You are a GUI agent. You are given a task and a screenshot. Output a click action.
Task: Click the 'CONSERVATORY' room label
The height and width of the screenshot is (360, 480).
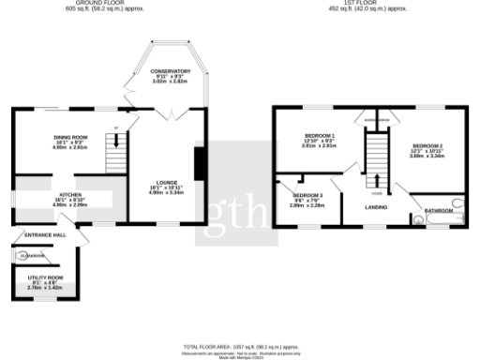click(172, 71)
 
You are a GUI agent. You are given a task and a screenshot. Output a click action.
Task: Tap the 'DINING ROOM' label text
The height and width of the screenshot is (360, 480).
click(69, 137)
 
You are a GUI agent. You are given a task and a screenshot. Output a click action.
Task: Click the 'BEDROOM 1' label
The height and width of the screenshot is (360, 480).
click(319, 136)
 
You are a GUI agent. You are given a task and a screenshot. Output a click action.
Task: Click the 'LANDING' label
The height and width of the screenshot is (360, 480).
click(377, 206)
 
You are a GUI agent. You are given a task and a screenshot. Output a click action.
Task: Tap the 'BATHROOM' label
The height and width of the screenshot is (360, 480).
click(438, 212)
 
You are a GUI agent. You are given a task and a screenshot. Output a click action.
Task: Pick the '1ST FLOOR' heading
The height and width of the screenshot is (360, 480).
click(367, 4)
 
